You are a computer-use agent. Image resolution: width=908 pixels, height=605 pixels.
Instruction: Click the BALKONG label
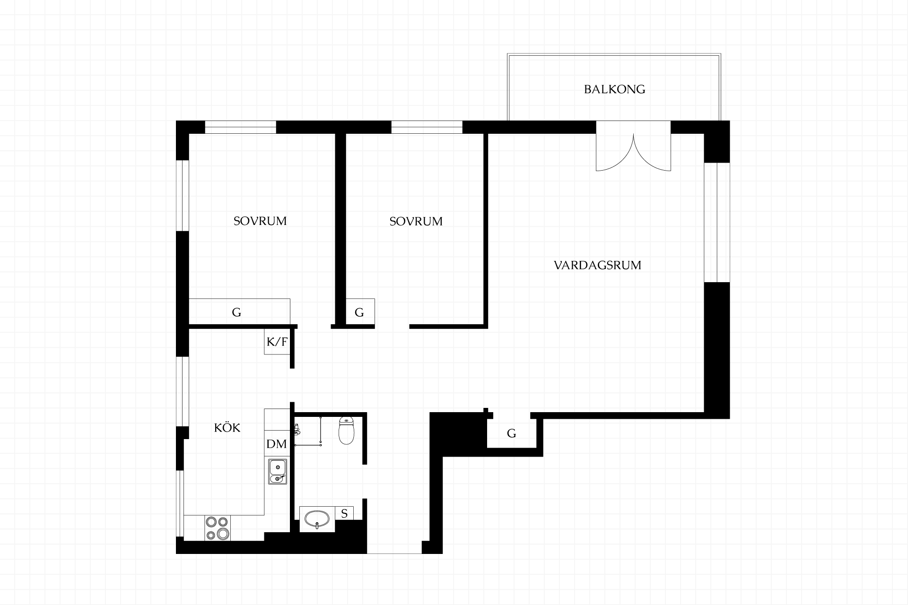(614, 89)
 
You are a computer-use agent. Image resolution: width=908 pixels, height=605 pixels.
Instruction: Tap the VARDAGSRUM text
(597, 265)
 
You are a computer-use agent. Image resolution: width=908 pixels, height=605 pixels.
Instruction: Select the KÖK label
(227, 427)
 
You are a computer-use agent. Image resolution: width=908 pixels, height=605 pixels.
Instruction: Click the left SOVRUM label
(260, 221)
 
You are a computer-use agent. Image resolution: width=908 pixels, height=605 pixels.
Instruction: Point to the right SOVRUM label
(416, 221)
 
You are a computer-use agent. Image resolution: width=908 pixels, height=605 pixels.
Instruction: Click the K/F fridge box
(277, 342)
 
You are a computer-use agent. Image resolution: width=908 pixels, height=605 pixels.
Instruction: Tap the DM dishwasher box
(277, 444)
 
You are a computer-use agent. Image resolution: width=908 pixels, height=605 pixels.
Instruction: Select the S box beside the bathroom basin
(344, 513)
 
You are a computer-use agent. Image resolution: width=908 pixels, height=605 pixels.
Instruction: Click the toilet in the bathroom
(347, 431)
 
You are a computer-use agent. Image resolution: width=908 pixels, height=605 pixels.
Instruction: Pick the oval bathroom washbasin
(317, 519)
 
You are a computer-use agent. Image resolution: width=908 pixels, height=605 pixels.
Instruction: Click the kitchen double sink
(277, 472)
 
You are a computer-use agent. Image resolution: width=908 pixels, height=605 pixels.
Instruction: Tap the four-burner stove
(218, 528)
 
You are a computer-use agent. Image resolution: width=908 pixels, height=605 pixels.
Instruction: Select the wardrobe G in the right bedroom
(360, 311)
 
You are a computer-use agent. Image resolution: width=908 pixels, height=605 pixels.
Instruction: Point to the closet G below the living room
(512, 433)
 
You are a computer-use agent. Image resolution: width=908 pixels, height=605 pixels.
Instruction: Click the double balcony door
(633, 146)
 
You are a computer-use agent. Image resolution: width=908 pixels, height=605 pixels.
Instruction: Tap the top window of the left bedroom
(240, 127)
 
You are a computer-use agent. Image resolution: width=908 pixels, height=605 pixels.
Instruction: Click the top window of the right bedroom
(427, 127)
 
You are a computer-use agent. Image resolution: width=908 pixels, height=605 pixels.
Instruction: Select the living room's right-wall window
(717, 223)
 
